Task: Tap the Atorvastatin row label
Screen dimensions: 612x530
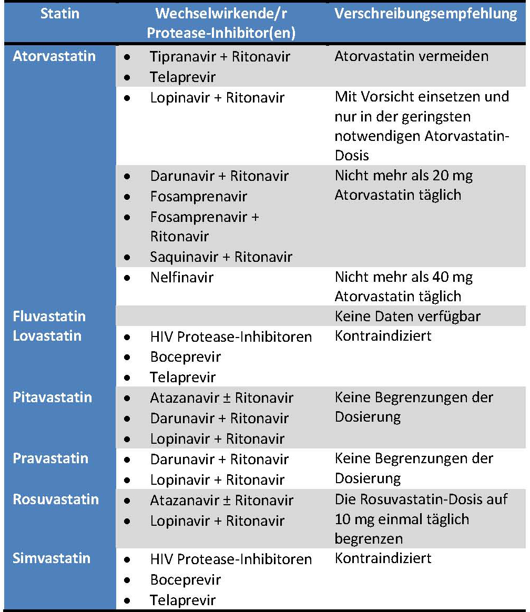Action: (x=54, y=56)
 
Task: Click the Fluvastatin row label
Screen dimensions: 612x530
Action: (x=49, y=317)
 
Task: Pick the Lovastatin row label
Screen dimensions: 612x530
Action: (x=47, y=336)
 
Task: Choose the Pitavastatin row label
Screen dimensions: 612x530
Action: (x=52, y=397)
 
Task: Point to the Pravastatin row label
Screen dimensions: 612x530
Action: (x=50, y=458)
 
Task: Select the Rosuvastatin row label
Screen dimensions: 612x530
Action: (x=55, y=499)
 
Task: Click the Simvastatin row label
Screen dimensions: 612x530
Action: (x=52, y=558)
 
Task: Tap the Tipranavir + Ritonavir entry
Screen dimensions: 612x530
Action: (x=220, y=57)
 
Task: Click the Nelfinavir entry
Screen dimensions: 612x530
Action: (x=181, y=277)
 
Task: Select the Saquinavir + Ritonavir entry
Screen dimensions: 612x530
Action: (x=221, y=257)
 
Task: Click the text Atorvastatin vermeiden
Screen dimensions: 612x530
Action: (x=411, y=56)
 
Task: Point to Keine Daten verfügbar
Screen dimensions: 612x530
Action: (x=407, y=317)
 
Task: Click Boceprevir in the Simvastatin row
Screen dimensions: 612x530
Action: (x=185, y=580)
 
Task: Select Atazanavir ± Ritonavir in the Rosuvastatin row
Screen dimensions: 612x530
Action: (x=221, y=500)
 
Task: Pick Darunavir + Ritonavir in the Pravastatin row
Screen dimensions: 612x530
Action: (x=219, y=460)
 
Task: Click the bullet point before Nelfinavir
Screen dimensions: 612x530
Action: (x=126, y=278)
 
